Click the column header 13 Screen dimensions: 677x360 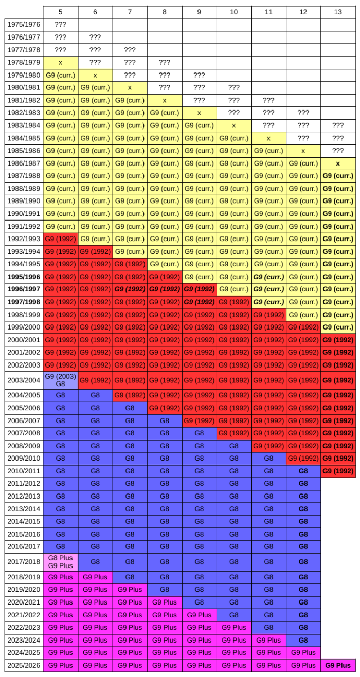click(x=338, y=12)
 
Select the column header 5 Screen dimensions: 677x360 click(x=60, y=12)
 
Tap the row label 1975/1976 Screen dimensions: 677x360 click(x=24, y=25)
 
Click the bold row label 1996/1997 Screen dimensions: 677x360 click(x=24, y=289)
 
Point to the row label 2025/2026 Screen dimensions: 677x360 click(x=24, y=665)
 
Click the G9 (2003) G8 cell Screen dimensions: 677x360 click(x=60, y=380)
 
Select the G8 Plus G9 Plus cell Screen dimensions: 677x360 click(x=60, y=562)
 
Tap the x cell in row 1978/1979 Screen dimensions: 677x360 click(x=60, y=62)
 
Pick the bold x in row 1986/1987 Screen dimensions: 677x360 click(x=338, y=163)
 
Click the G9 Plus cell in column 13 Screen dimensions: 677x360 click(x=338, y=665)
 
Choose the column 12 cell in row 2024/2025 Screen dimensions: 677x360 click(x=303, y=652)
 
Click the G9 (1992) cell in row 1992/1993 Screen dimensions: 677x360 click(x=60, y=239)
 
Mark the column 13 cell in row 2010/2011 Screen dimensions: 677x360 click(x=338, y=471)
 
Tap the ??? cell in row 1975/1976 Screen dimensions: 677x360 click(x=60, y=25)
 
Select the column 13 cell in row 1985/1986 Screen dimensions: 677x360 click(x=338, y=151)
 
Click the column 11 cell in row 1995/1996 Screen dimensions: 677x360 click(x=268, y=277)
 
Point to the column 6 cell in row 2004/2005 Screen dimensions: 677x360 click(x=95, y=395)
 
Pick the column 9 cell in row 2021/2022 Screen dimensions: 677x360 click(x=199, y=615)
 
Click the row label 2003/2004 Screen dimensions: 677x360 click(x=24, y=380)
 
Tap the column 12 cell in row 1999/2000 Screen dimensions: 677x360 click(x=303, y=327)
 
